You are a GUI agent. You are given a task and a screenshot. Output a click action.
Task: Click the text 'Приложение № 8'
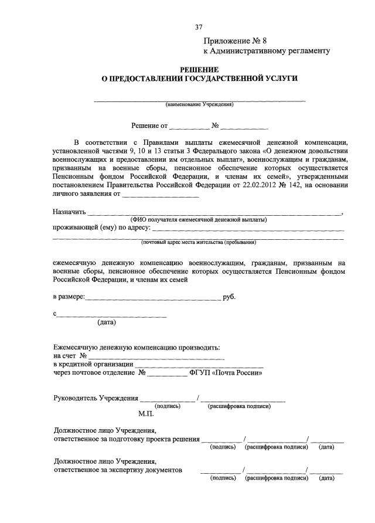[x=234, y=40]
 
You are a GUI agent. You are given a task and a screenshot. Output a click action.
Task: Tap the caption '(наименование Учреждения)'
[x=200, y=105]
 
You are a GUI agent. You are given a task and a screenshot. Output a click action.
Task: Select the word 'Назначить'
[x=70, y=212]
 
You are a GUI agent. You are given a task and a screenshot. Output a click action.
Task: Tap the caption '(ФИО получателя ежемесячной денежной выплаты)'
[x=199, y=219]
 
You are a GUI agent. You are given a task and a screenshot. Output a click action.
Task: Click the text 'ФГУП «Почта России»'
[x=225, y=372]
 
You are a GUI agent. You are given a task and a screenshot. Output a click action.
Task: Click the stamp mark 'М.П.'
[x=146, y=413]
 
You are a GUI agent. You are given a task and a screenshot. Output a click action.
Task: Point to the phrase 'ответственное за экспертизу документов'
[x=118, y=470]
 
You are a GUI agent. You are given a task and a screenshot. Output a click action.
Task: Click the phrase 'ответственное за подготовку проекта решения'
[x=126, y=439]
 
